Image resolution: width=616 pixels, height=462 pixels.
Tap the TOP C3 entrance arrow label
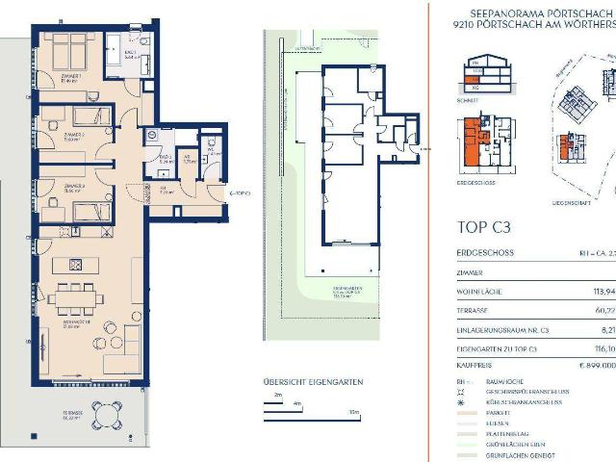pos(240,193)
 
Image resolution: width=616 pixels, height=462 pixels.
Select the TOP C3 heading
pos(481,229)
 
